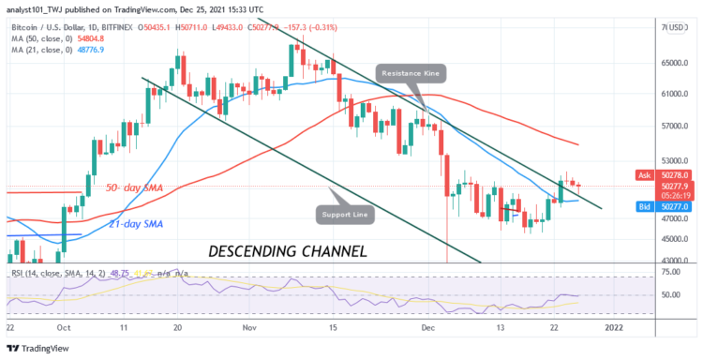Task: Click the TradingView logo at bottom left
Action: point(37,347)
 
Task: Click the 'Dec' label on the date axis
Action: point(427,328)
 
